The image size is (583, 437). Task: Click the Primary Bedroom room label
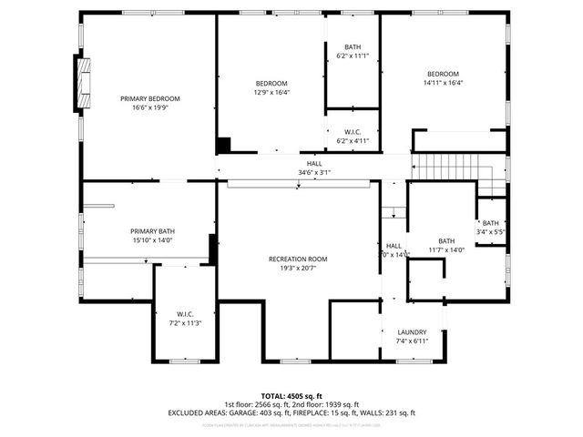150,98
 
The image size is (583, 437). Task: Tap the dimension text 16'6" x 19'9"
150,107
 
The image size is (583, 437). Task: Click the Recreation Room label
298,259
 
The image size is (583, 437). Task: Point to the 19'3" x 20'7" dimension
298,269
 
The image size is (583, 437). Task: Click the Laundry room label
413,332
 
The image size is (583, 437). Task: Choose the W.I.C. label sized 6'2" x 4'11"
353,132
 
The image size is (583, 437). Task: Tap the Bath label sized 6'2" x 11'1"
353,47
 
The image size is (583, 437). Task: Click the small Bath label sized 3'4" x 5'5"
491,223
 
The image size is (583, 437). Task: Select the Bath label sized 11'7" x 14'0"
446,241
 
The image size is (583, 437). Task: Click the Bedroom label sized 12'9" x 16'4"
271,83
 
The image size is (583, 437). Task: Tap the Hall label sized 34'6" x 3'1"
313,163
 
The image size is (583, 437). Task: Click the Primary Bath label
150,231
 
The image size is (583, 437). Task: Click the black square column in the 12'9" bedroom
223,145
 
